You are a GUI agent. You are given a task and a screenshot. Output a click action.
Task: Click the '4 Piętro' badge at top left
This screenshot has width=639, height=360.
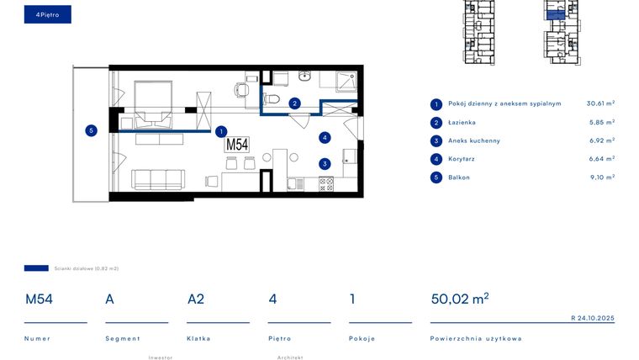pos(48,14)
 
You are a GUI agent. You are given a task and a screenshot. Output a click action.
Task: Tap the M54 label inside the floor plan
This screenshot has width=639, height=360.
pos(237,144)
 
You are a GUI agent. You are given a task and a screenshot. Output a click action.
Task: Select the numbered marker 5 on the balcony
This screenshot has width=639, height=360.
pos(91,130)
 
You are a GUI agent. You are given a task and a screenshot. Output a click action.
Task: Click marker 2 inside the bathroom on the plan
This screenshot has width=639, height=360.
pos(294,103)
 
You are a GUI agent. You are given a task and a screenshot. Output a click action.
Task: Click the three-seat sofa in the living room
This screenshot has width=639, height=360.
pos(158,178)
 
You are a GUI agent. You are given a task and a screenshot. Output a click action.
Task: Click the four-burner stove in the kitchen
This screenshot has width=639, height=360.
pos(325,183)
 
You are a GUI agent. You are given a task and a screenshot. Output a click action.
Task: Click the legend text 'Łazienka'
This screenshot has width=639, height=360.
pos(462,122)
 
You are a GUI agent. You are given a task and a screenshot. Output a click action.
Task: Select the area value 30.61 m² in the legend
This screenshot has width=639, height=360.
pos(600,103)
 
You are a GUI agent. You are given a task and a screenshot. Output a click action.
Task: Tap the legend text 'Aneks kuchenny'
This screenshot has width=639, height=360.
pos(474,140)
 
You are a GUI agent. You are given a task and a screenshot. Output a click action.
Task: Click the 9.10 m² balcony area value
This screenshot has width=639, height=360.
pos(602,177)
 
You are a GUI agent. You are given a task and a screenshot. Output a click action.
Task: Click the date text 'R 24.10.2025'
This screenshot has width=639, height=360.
pos(593,318)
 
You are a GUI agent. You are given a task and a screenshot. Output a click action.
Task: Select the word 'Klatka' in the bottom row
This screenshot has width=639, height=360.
pos(198,338)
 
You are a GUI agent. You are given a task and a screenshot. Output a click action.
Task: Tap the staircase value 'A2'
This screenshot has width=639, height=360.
pos(196,299)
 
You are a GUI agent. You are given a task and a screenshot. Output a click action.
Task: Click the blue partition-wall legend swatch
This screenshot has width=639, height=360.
pos(36,267)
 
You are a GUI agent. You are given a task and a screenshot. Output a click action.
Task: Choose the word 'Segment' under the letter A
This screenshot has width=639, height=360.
pos(120,338)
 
